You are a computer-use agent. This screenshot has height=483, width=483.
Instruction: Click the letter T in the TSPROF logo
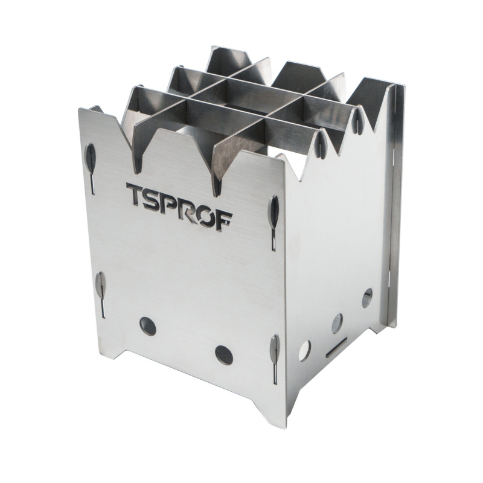click(x=136, y=196)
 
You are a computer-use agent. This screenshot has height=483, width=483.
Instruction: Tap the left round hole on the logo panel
click(x=148, y=326)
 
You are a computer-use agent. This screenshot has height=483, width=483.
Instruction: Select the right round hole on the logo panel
click(x=224, y=355)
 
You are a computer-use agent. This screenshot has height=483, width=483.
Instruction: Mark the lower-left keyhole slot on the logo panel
click(x=101, y=289)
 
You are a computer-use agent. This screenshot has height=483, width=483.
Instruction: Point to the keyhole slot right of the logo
click(x=274, y=217)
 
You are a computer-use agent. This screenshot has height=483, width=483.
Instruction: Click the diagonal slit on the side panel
click(x=336, y=347)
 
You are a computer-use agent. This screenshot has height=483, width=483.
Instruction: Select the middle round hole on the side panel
click(x=337, y=323)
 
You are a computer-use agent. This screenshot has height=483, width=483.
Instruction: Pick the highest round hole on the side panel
click(x=367, y=298)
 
